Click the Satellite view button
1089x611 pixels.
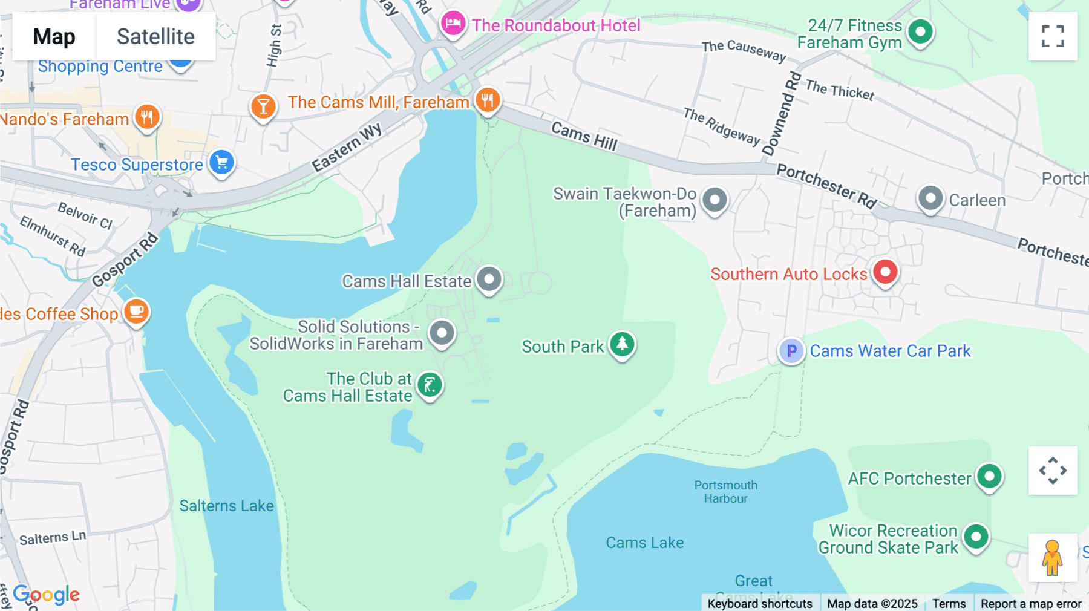point(155,37)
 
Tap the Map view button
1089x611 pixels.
point(54,37)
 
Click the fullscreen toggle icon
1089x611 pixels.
point(1053,36)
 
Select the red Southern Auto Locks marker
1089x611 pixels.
point(885,272)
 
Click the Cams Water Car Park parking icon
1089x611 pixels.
point(791,351)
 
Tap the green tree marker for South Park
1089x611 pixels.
point(622,344)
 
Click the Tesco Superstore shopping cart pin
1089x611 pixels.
point(222,162)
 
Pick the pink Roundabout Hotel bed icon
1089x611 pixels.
point(453,24)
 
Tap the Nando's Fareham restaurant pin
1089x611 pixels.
point(147,116)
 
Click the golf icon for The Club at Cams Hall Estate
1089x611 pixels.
point(430,385)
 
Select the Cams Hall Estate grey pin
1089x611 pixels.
point(489,279)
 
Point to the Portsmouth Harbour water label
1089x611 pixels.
point(725,492)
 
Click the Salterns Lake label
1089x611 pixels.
point(226,506)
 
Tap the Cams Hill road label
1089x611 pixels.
point(584,136)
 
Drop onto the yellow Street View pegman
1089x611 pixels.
point(1052,557)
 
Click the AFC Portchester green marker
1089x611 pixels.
point(989,477)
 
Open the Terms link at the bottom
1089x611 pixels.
point(949,603)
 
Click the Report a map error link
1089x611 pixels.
point(1030,603)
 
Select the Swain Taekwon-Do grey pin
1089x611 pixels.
point(715,199)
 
